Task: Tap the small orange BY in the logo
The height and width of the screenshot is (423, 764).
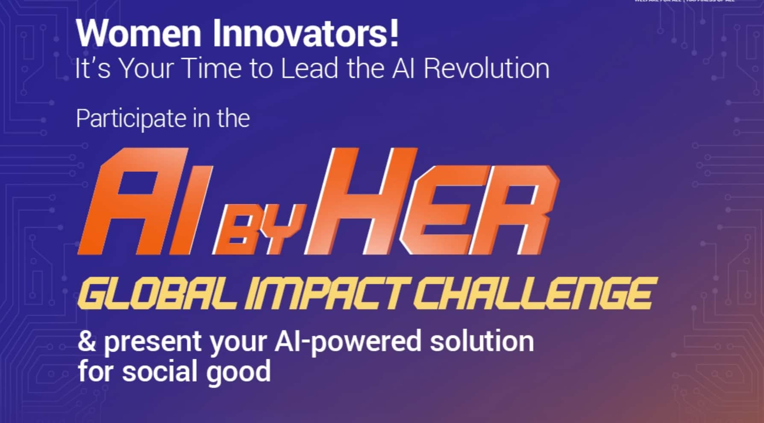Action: point(261,231)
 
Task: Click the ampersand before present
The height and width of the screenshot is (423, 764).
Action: point(87,342)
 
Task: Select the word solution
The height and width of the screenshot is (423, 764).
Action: point(482,342)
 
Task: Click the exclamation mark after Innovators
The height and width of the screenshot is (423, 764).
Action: point(394,33)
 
